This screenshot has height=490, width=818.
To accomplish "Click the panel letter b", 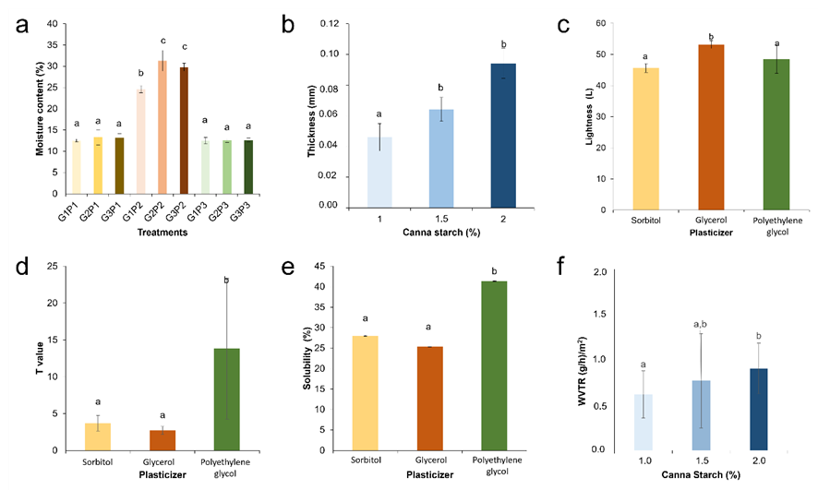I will (288, 25).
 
